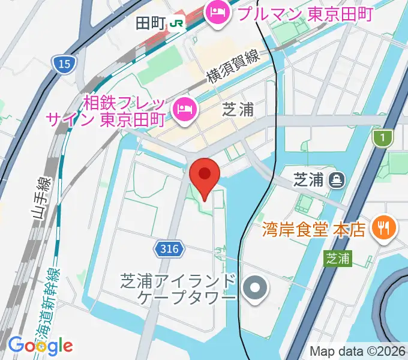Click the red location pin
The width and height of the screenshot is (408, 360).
pos(204,175)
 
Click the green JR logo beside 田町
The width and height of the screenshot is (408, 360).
pos(177,23)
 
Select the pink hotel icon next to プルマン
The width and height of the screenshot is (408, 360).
pos(217,11)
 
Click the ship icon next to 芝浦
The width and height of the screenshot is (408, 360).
pos(336,178)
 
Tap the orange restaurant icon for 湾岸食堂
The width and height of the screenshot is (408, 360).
pos(382,227)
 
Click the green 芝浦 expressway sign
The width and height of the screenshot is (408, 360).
pos(338,259)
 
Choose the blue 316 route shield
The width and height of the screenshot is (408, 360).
pos(170,249)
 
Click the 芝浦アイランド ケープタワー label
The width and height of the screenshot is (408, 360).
pos(179,289)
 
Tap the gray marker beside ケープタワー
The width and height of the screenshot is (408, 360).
pos(256,289)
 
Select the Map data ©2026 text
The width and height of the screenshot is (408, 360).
pos(357,351)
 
